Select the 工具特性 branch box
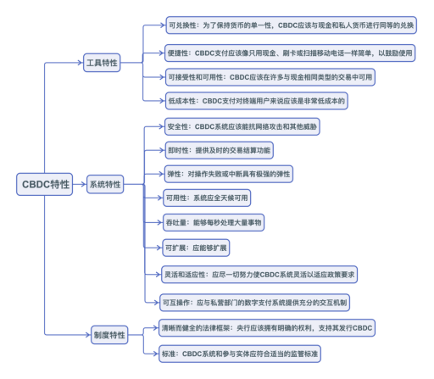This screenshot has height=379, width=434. (x=107, y=64)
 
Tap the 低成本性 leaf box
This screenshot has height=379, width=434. (x=246, y=100)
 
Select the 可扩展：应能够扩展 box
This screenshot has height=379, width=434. (x=198, y=247)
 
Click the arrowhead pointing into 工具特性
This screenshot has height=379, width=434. (x=81, y=64)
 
